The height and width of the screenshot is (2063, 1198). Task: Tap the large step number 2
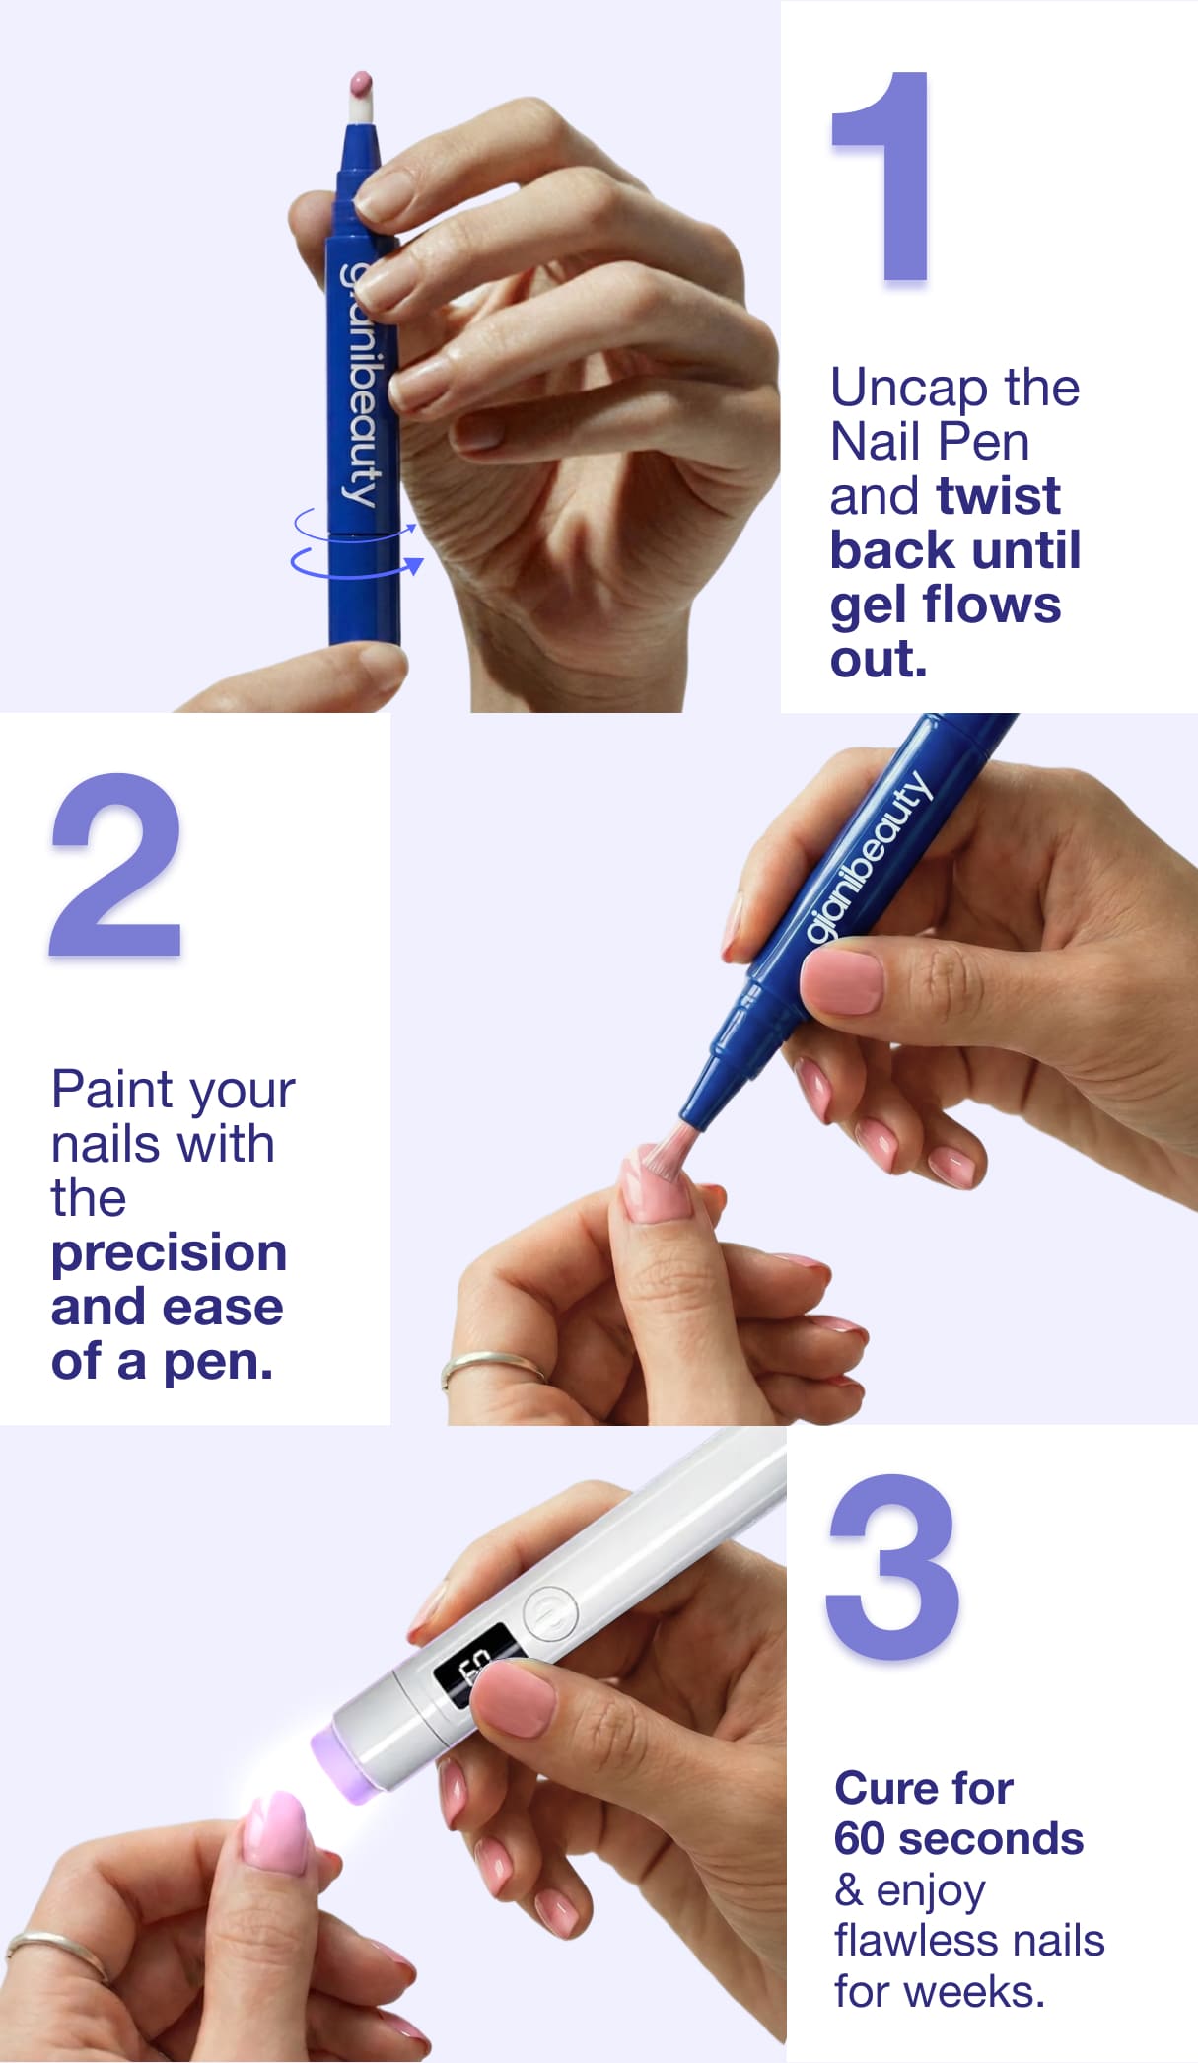tap(116, 864)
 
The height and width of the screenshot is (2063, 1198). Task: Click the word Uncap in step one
tap(906, 388)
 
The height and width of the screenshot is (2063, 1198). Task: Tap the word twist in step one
tap(999, 495)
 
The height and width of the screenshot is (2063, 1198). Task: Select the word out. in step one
tap(879, 659)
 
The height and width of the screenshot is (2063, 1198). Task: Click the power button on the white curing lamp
tap(548, 1614)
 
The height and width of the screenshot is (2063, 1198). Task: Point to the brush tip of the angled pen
tap(668, 1146)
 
